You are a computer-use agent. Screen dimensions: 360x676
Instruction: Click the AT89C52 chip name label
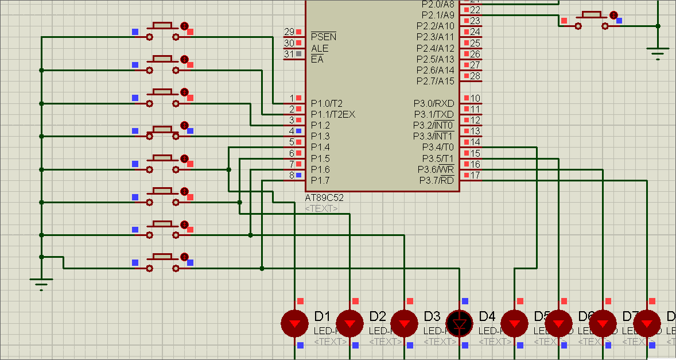(324, 198)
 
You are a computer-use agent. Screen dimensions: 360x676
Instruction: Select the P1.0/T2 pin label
(327, 103)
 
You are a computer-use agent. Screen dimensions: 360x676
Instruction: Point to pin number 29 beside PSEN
(289, 32)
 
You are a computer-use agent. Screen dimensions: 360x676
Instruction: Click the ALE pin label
(320, 48)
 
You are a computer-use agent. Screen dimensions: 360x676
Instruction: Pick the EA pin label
(317, 59)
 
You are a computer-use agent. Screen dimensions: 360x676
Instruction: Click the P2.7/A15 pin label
(435, 81)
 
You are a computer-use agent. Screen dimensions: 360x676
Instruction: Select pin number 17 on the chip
(475, 175)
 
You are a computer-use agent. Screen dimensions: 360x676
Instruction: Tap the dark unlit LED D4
(459, 323)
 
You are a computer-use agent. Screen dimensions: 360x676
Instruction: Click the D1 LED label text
(323, 316)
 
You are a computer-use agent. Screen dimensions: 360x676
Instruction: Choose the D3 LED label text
(432, 316)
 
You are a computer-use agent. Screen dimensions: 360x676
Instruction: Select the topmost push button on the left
(162, 32)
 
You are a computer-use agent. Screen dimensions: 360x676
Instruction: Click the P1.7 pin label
(320, 180)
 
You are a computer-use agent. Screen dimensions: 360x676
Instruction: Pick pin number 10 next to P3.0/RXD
(475, 99)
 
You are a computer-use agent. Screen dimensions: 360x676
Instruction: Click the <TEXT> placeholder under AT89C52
(321, 208)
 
